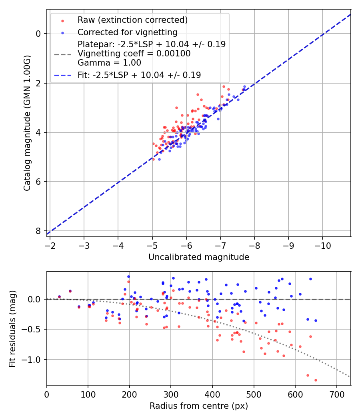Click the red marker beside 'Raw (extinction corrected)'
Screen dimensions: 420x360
coord(62,20)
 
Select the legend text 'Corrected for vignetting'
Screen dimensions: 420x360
coord(127,32)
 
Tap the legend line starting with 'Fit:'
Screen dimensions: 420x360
coord(139,75)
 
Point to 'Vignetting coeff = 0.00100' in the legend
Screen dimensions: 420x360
coord(134,53)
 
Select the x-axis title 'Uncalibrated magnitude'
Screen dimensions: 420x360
coord(199,257)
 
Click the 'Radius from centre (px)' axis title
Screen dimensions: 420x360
coord(199,406)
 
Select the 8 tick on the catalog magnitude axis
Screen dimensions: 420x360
coord(38,231)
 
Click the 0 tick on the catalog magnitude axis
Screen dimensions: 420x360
coord(38,34)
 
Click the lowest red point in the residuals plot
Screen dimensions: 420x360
coord(316,380)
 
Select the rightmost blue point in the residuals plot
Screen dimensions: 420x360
coord(316,320)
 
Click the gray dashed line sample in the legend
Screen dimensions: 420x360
coord(62,54)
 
